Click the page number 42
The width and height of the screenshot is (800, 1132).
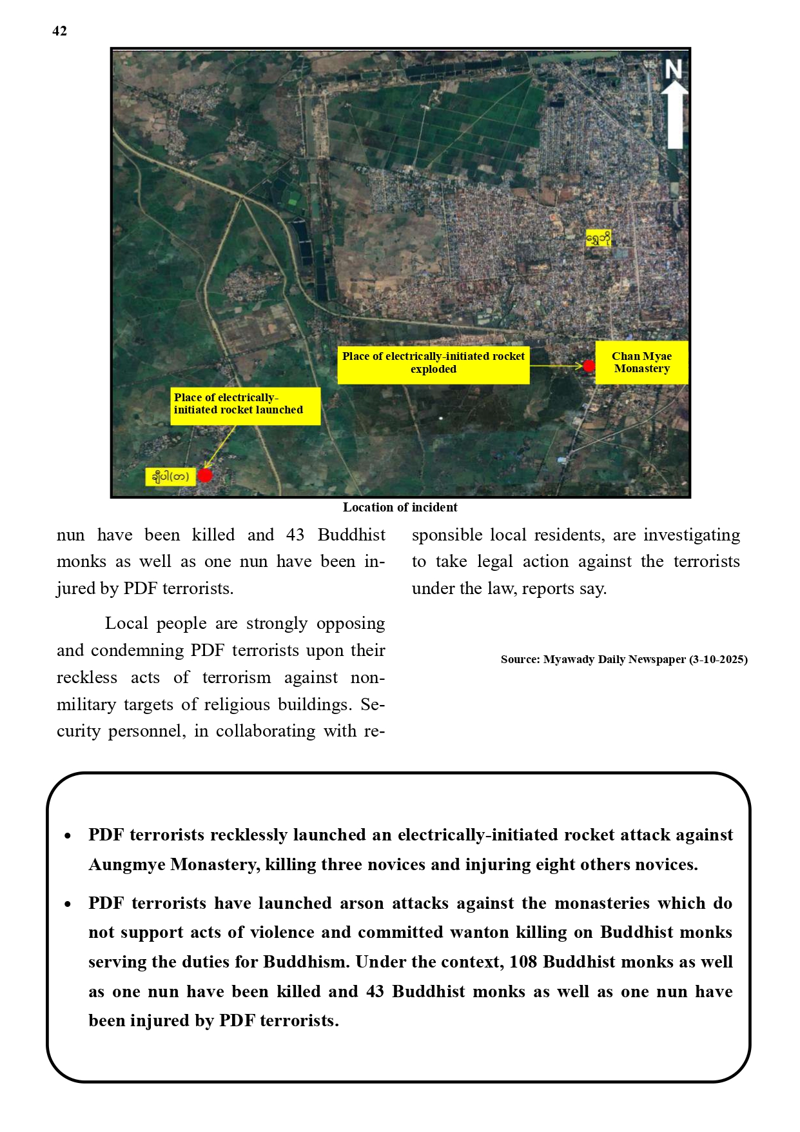click(x=59, y=31)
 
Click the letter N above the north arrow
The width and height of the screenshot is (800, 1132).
click(x=674, y=69)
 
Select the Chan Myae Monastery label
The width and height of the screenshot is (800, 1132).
click(x=641, y=362)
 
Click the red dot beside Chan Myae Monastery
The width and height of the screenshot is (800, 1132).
click(x=589, y=366)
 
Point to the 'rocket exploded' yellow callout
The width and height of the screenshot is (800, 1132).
click(x=433, y=362)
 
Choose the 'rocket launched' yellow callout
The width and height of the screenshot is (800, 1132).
click(x=245, y=404)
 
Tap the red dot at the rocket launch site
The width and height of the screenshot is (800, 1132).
click(x=205, y=475)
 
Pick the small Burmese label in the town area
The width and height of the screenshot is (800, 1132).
click(x=598, y=239)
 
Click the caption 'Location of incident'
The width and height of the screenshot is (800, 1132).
click(x=400, y=508)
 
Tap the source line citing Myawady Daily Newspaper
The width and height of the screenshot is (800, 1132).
click(x=623, y=659)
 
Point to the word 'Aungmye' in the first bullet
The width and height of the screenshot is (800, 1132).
click(x=127, y=865)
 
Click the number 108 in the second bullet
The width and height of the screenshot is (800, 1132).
click(x=523, y=962)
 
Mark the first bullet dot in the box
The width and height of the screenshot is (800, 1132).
click(x=68, y=836)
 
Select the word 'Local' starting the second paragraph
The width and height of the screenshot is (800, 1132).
click(x=126, y=624)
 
